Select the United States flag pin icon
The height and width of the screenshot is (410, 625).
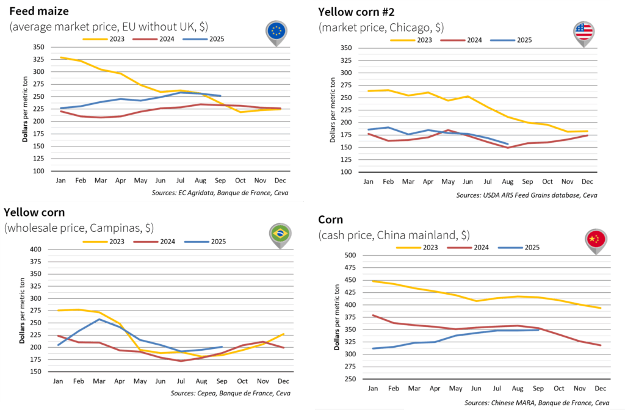point(583,31)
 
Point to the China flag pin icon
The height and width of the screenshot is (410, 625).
point(595,240)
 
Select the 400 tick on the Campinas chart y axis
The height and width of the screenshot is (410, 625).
point(36,249)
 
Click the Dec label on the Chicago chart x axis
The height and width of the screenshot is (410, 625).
point(587,182)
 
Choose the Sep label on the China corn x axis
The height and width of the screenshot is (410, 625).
point(538,389)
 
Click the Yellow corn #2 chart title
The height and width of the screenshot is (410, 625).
point(363,11)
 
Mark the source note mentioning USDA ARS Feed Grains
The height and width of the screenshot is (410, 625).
point(526,195)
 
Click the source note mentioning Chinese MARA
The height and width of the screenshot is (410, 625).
point(536,403)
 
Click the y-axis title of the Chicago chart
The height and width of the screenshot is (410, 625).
point(332,110)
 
